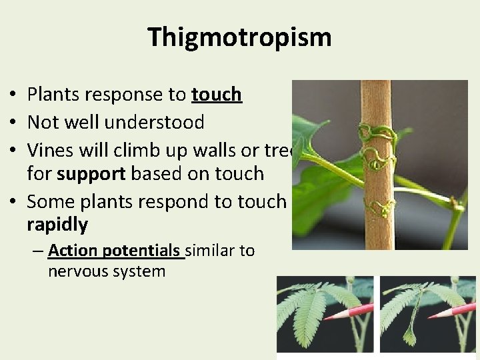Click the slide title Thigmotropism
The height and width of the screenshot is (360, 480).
tap(239, 37)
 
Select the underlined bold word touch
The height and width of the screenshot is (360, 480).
tap(216, 95)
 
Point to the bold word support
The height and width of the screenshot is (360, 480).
tap(92, 174)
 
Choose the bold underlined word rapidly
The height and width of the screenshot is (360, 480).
tap(57, 225)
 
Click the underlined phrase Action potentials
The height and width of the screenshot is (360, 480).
tap(113, 251)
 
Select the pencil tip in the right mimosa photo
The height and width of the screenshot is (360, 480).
tap(429, 315)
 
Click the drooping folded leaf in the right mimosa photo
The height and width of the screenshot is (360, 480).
tap(409, 333)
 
